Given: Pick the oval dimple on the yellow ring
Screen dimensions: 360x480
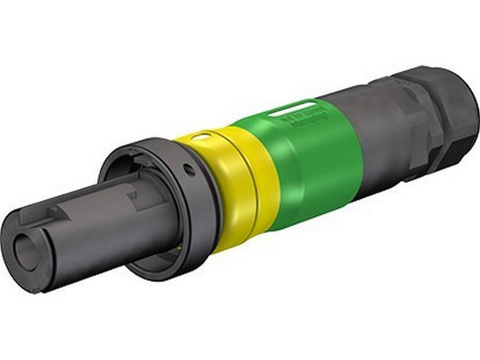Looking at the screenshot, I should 204,136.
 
